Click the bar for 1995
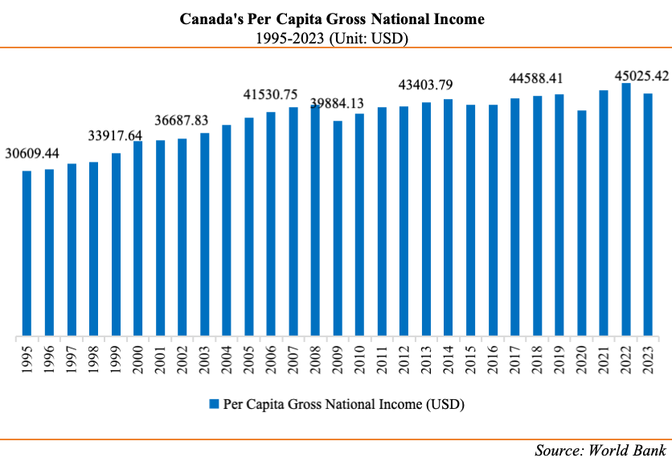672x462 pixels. pyautogui.click(x=27, y=253)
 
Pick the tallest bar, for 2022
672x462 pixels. pyautogui.click(x=626, y=208)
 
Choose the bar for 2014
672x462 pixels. pyautogui.click(x=449, y=217)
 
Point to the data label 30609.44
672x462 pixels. pyautogui.click(x=32, y=153)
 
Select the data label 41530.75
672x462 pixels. pyautogui.click(x=271, y=95)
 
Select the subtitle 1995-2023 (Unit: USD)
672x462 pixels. pyautogui.click(x=335, y=36)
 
